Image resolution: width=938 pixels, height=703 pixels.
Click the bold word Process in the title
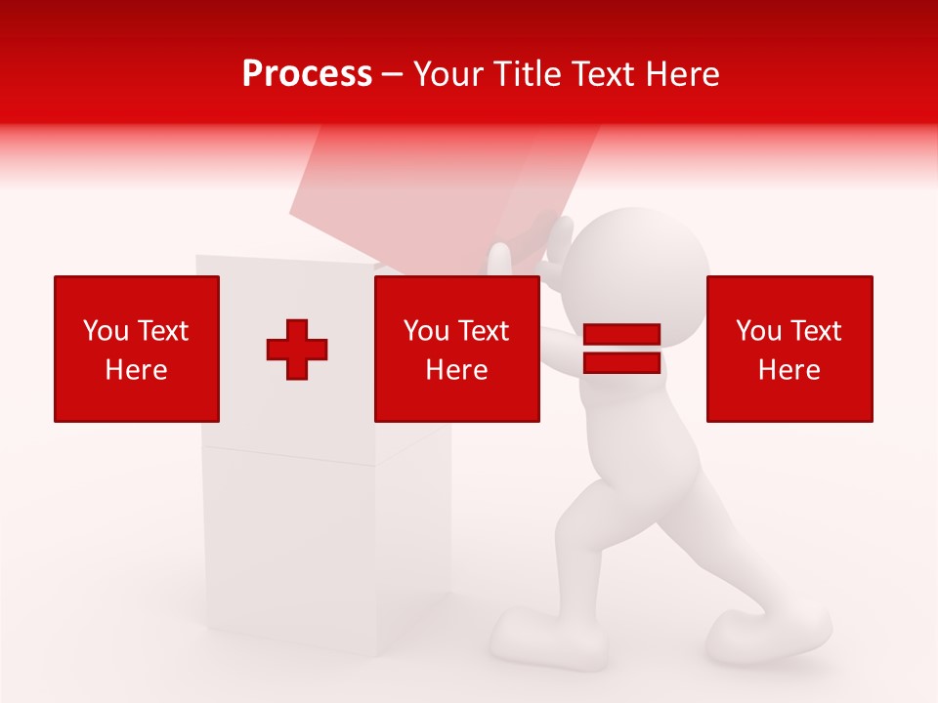pyautogui.click(x=307, y=74)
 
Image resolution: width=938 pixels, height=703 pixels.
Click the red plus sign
pyautogui.click(x=297, y=350)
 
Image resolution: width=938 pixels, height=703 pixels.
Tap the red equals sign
pyautogui.click(x=621, y=349)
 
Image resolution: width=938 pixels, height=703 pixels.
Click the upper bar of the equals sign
pyautogui.click(x=621, y=335)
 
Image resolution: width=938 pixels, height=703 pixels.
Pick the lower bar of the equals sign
pyautogui.click(x=621, y=362)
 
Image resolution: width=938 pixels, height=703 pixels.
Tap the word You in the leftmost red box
pyautogui.click(x=106, y=331)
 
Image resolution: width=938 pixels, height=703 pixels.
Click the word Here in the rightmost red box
pyautogui.click(x=789, y=370)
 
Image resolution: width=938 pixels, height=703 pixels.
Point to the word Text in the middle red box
pyautogui.click(x=485, y=331)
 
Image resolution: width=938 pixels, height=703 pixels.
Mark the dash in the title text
pyautogui.click(x=392, y=75)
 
